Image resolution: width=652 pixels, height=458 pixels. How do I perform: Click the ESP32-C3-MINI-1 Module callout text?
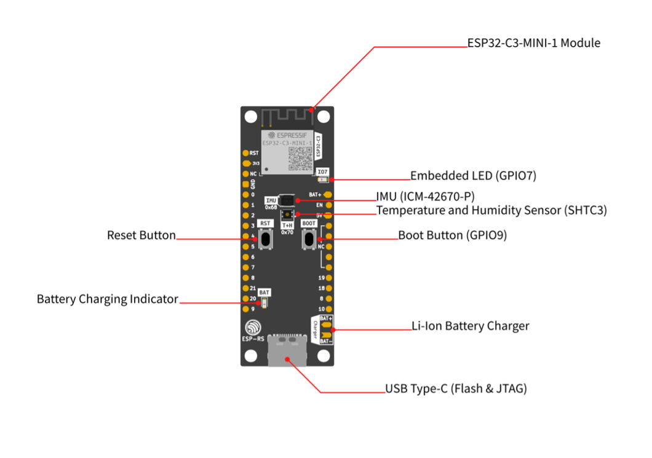point(533,43)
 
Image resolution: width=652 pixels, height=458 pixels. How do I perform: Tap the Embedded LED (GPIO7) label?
point(473,176)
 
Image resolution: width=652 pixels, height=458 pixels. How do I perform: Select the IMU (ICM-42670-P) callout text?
point(434,197)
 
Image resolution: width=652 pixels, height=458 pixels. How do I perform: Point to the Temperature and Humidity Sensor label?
point(491,210)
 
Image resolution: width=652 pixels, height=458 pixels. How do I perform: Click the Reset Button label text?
point(141,235)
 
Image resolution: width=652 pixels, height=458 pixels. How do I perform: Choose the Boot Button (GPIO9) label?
point(452,235)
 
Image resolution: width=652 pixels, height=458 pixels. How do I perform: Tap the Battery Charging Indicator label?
point(107,299)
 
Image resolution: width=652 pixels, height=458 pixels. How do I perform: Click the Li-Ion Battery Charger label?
point(470,326)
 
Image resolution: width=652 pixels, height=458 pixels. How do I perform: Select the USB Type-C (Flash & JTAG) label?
point(456,389)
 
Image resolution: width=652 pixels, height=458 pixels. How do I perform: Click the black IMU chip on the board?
point(287,200)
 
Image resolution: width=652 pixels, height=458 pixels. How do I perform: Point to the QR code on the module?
point(300,159)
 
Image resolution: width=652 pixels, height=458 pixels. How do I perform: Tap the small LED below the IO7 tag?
point(322,180)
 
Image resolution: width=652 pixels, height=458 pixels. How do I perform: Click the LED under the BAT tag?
point(264,302)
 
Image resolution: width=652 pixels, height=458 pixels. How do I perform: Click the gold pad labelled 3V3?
point(246,164)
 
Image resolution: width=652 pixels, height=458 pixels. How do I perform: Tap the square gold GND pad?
point(246,184)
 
